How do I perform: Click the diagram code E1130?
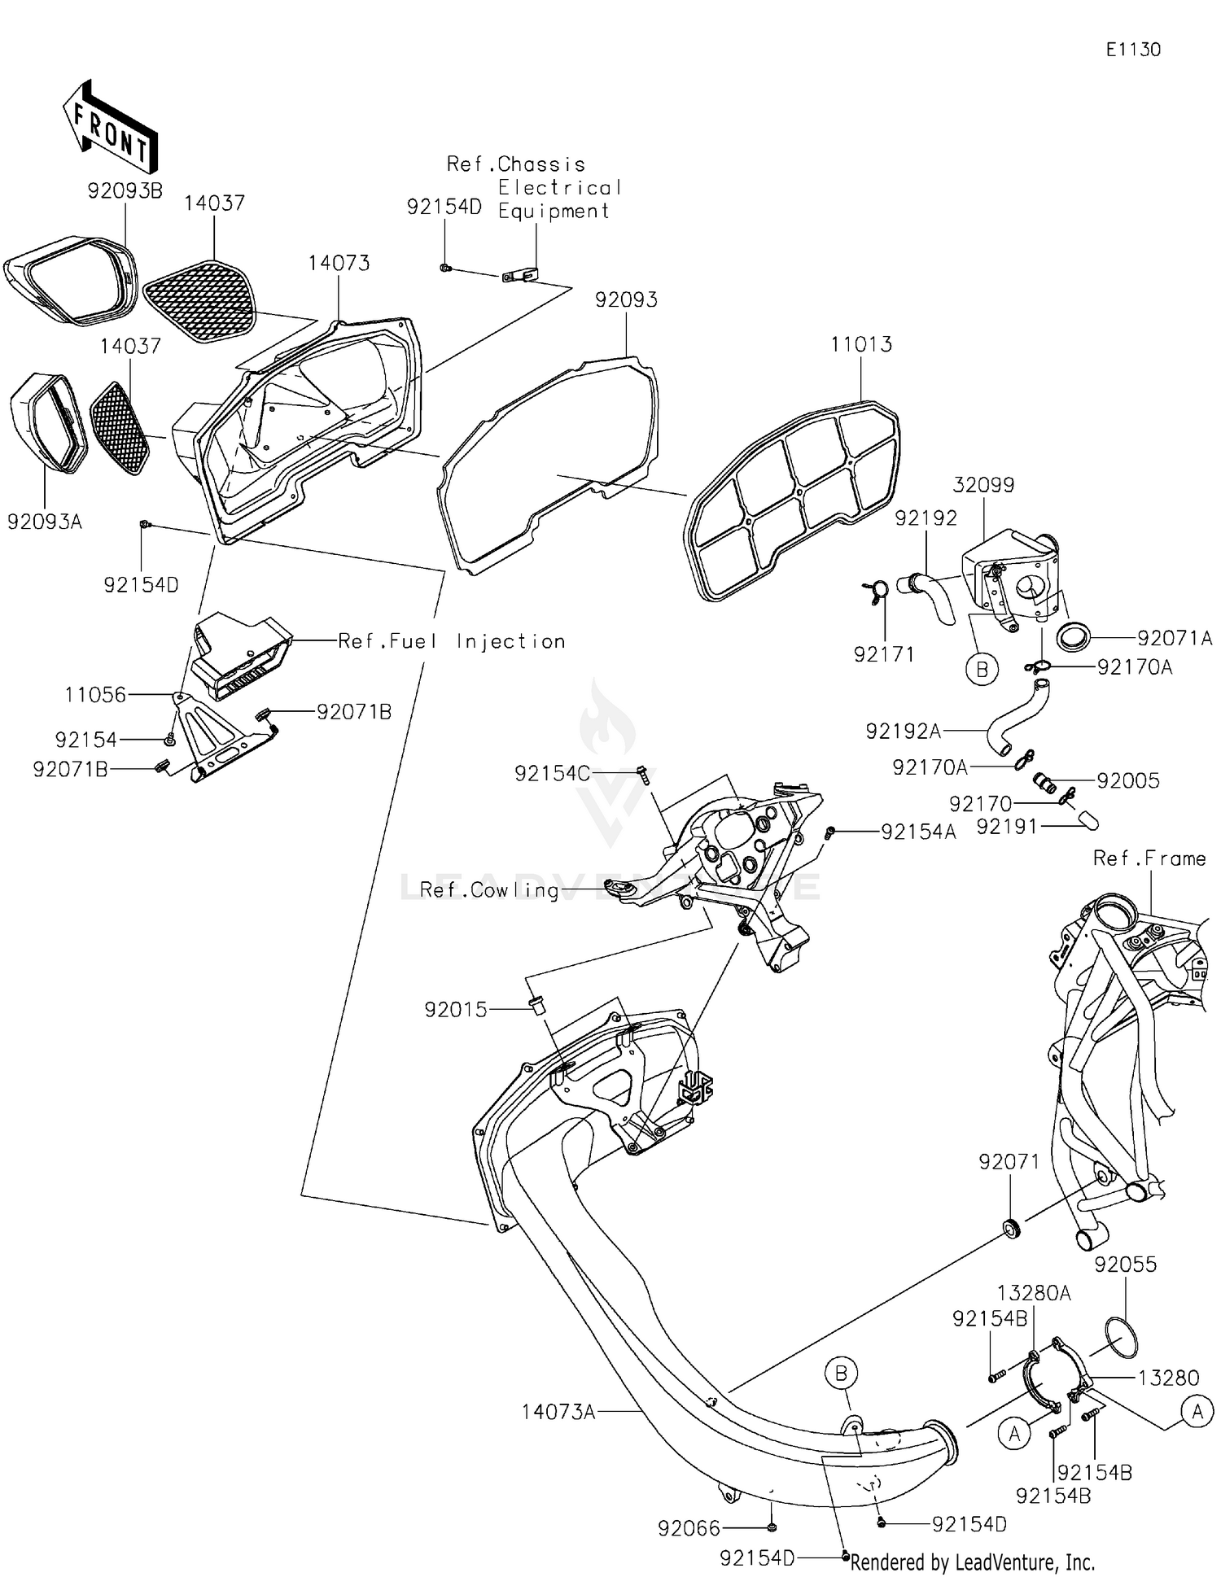coord(1132,50)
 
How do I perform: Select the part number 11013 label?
coord(860,344)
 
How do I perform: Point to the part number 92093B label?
coord(125,190)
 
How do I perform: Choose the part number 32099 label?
coord(983,485)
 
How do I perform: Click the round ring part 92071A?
coord(1074,636)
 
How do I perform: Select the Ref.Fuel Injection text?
coord(452,641)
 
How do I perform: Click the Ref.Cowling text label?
coord(489,890)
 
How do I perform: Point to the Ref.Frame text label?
coord(1149,858)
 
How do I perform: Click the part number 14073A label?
coord(558,1411)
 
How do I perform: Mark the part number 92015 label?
coord(455,1010)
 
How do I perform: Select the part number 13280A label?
coord(1034,1293)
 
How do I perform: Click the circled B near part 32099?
coord(982,670)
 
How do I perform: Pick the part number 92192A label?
coord(903,732)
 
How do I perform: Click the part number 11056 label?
coord(95,695)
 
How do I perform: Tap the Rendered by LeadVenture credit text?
coord(972,1562)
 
